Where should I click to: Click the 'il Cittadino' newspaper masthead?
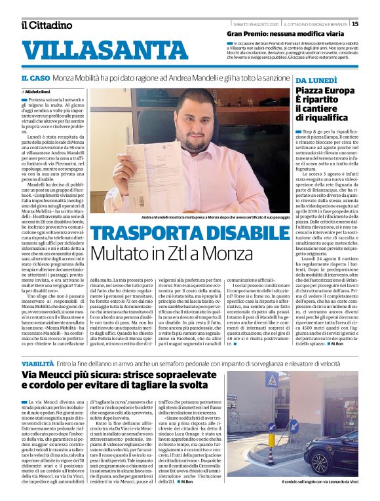46,25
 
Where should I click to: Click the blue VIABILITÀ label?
37,362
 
